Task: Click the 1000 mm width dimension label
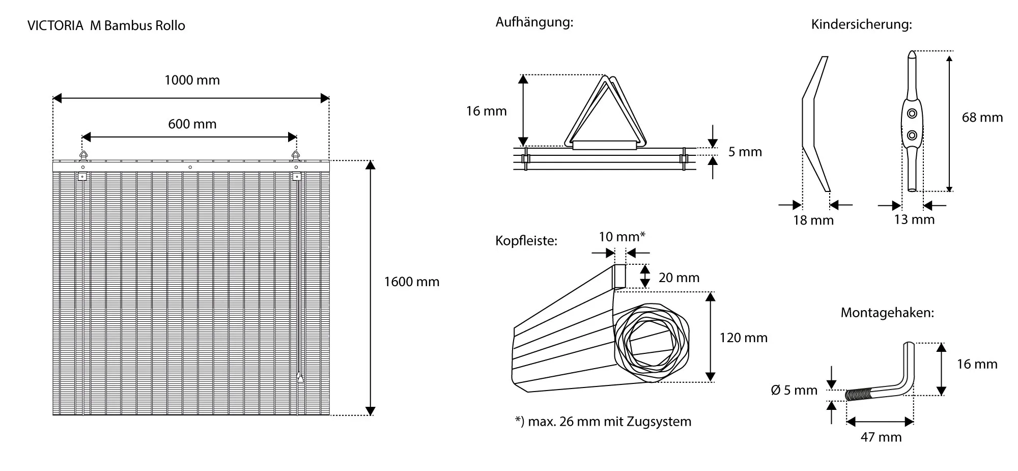[x=192, y=80]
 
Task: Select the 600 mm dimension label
[x=192, y=124]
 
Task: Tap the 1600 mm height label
[x=411, y=282]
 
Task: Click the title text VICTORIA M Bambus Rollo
[x=106, y=26]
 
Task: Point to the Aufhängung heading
[x=534, y=22]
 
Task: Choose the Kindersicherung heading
[x=861, y=24]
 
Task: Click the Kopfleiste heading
[x=526, y=241]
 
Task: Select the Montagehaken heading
[x=887, y=313]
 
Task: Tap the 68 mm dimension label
[x=982, y=118]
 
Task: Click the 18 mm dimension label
[x=813, y=220]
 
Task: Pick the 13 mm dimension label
[x=914, y=219]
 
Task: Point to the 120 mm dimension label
[x=743, y=338]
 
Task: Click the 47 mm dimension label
[x=881, y=437]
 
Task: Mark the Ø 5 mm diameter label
[x=794, y=391]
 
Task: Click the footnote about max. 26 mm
[x=603, y=422]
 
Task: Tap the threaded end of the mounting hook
[x=859, y=395]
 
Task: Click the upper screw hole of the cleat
[x=912, y=114]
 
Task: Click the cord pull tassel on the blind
[x=300, y=377]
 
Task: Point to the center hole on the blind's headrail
[x=190, y=167]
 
